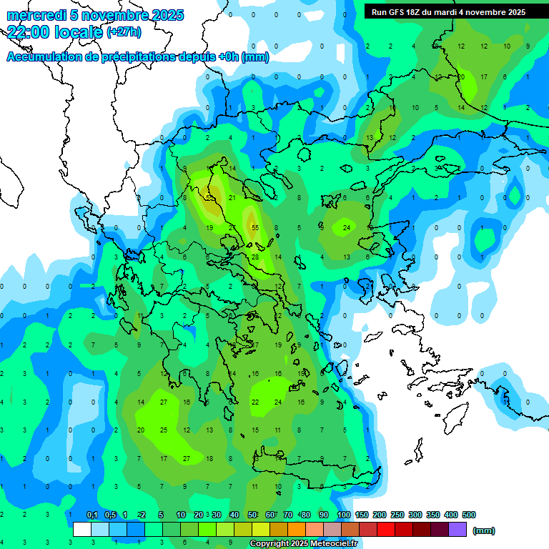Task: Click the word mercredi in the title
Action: pyautogui.click(x=36, y=15)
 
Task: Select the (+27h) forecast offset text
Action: pyautogui.click(x=124, y=31)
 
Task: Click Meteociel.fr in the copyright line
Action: pyautogui.click(x=332, y=543)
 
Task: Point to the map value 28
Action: pyautogui.click(x=255, y=257)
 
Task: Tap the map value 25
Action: pyautogui.click(x=164, y=430)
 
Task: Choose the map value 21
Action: pyautogui.click(x=232, y=197)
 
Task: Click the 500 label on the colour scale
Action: pyautogui.click(x=468, y=515)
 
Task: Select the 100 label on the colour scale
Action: pyautogui.click(x=343, y=515)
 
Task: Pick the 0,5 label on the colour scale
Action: pyautogui.click(x=110, y=515)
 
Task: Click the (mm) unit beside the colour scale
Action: pyautogui.click(x=484, y=530)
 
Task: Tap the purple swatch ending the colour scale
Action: pyautogui.click(x=457, y=530)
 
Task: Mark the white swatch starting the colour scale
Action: pyautogui.click(x=82, y=530)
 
